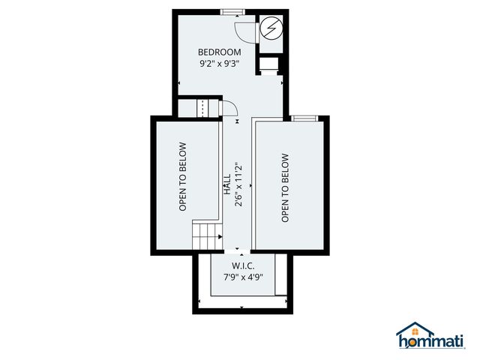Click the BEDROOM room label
coord(219,52)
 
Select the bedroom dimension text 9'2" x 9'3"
coord(219,64)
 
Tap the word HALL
coord(226,186)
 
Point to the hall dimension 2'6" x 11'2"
coord(238,186)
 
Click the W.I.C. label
coord(243,265)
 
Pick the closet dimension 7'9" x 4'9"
coord(243,277)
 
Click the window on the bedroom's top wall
coord(232,11)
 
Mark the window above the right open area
coord(303,118)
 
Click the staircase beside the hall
coord(206,237)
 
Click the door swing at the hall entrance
coord(229,112)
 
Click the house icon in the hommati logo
coord(415,331)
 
